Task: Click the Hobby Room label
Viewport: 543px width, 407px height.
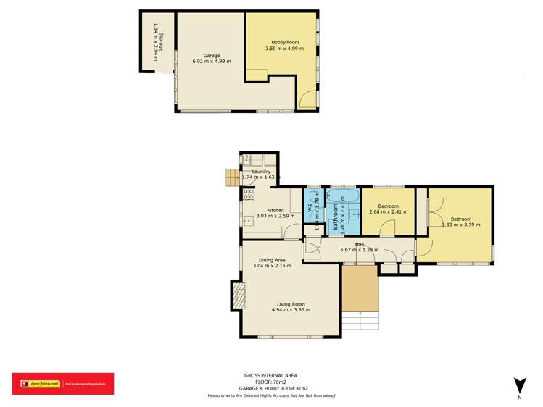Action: [282, 43]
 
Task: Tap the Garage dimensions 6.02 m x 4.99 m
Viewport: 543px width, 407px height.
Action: [212, 61]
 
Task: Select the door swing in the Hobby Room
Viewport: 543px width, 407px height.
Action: [307, 99]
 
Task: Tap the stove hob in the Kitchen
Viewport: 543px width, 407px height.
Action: [247, 195]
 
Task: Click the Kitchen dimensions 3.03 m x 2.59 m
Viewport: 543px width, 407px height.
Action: [265, 216]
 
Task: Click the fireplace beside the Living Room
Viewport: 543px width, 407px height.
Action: [237, 295]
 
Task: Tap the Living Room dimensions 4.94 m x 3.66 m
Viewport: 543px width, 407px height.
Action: [291, 310]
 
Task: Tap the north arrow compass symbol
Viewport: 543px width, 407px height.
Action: [519, 385]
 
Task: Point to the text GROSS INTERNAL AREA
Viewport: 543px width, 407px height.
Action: [270, 375]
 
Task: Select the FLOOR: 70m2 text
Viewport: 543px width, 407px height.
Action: [270, 382]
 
